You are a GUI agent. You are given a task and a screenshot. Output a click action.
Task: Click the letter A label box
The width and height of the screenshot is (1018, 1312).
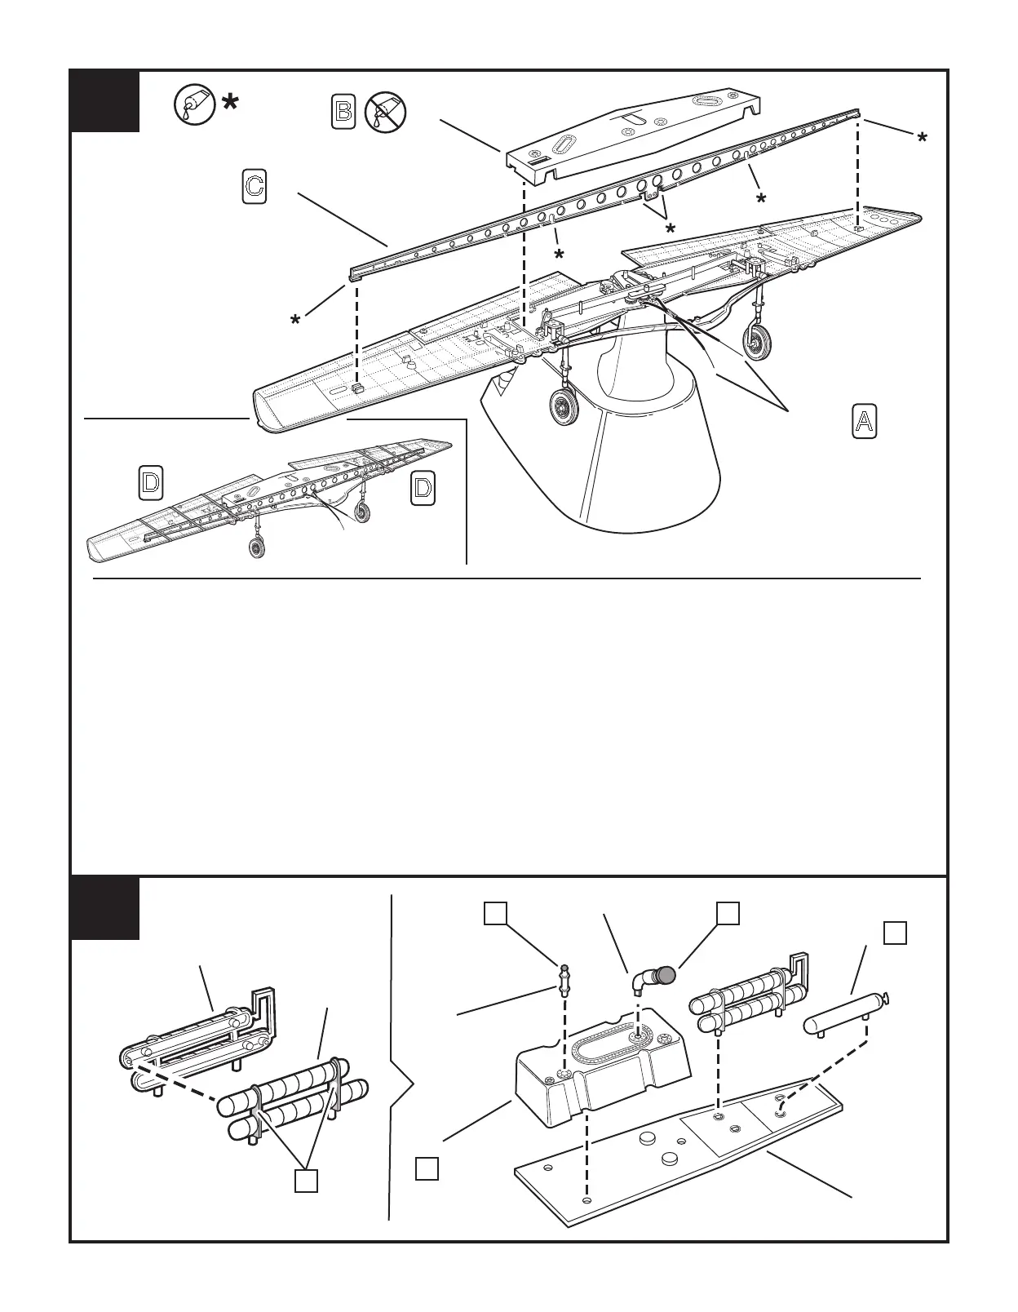865,421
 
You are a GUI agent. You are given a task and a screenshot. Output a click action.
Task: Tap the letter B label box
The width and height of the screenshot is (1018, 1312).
343,111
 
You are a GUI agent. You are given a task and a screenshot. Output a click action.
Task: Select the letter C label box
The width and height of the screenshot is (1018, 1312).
254,186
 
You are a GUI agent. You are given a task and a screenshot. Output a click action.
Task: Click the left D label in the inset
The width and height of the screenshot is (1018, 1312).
150,482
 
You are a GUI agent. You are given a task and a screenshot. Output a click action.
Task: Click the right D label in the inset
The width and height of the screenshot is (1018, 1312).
423,488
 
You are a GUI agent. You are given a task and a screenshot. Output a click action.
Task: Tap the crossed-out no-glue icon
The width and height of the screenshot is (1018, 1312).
385,111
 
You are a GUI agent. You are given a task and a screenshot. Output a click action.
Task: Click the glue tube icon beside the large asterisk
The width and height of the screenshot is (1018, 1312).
194,104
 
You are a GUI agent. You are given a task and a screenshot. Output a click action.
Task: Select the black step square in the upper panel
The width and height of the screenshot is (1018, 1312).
104,101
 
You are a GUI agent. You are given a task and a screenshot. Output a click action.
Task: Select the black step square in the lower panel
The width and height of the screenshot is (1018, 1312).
104,908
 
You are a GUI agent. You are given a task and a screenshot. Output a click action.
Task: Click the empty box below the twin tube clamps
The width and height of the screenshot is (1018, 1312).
306,1181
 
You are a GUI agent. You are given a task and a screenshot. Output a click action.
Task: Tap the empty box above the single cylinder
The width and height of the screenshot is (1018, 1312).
895,933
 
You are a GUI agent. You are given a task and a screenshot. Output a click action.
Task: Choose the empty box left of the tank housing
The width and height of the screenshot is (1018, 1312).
427,1168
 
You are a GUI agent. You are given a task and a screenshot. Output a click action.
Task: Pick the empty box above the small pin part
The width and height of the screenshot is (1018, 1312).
495,913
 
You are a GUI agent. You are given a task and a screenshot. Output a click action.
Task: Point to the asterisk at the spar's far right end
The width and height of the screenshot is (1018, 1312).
921,139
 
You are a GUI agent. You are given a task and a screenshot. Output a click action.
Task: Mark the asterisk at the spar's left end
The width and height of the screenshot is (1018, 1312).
295,321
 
